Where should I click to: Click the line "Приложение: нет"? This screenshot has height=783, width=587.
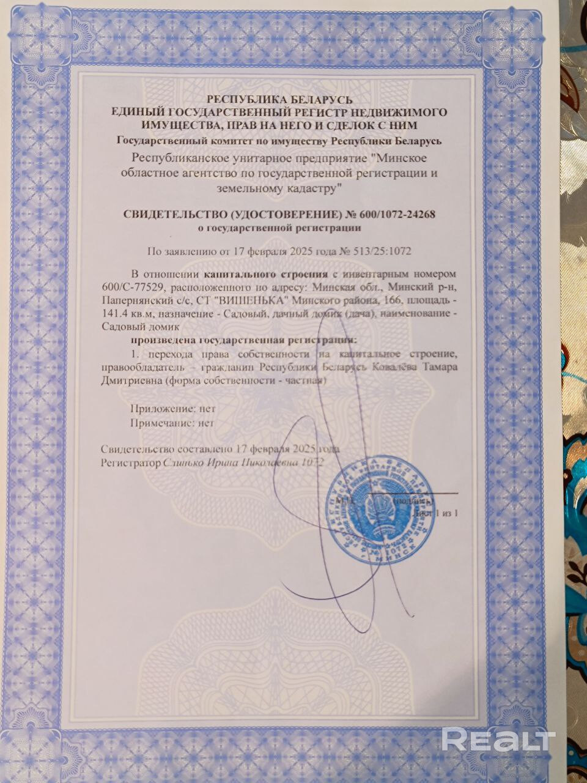tap(173, 409)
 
